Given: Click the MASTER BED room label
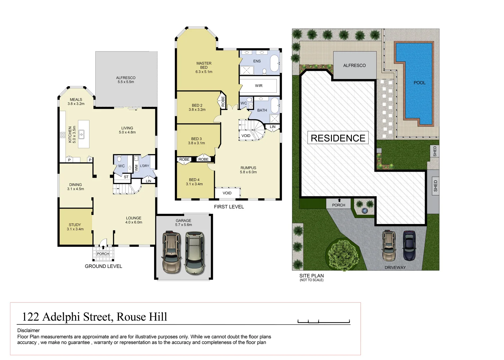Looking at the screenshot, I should click(204, 67).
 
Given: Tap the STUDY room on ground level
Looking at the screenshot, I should click(75, 227).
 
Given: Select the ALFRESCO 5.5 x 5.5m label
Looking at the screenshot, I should click(126, 80).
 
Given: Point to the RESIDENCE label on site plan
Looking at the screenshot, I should click(338, 138).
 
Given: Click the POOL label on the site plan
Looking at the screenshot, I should click(419, 83).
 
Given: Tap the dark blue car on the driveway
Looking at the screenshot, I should click(409, 246).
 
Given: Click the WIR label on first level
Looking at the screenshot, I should click(259, 86).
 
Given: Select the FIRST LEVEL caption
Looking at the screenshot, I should click(229, 207).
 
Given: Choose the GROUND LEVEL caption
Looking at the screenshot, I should click(103, 266).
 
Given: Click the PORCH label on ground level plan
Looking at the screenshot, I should click(103, 254).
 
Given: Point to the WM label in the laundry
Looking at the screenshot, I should click(136, 167).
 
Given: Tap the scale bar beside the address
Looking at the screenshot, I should click(323, 322).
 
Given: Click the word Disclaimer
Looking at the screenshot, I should click(28, 330).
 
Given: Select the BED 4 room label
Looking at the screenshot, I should click(194, 182).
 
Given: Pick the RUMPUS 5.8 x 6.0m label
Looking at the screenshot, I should click(248, 170).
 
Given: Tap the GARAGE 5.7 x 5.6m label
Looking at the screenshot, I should click(183, 223).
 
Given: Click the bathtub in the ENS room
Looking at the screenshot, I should click(274, 63).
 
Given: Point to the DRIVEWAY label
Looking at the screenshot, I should click(395, 267).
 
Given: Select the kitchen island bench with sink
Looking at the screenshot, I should click(83, 134).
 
